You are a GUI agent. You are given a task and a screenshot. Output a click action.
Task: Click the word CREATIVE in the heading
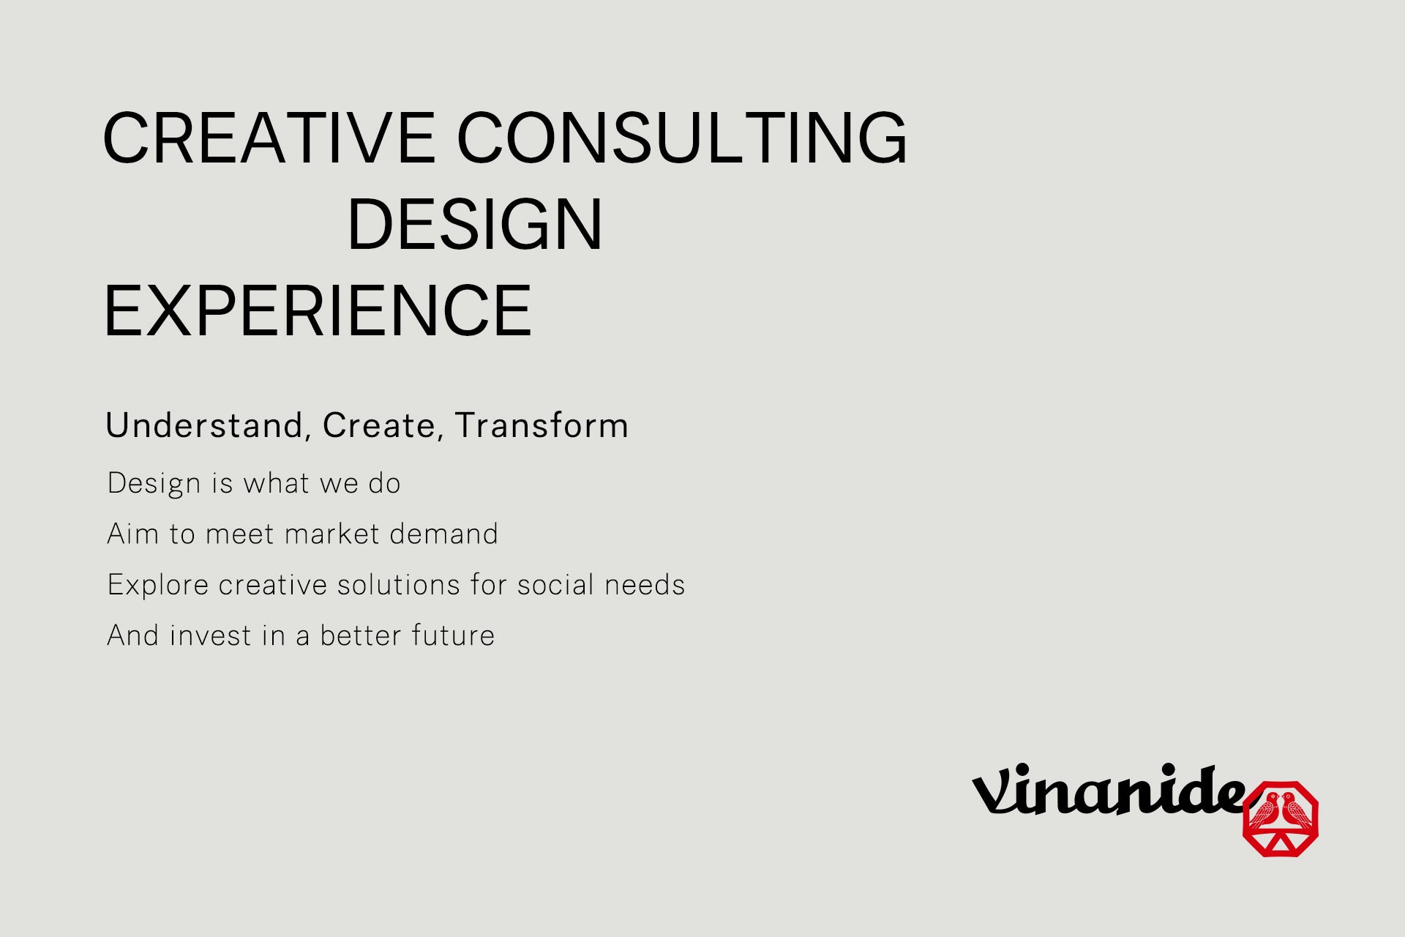pos(269,138)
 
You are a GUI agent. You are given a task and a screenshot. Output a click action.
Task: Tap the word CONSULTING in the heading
pos(681,138)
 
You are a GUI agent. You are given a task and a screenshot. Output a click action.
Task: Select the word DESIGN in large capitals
pos(474,224)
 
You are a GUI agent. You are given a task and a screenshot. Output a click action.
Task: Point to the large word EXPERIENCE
pos(318,310)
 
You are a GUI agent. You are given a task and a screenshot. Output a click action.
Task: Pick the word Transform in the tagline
pos(542,425)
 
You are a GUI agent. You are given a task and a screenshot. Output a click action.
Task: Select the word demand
pos(443,534)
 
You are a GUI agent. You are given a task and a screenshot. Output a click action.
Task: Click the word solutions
pos(398,585)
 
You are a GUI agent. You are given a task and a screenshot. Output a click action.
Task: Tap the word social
pos(555,585)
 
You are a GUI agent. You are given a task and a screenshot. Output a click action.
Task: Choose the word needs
pos(645,585)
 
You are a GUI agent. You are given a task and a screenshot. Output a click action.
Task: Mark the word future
pos(453,635)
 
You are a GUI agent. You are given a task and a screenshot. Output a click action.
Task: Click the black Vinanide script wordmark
pos(1108,790)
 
